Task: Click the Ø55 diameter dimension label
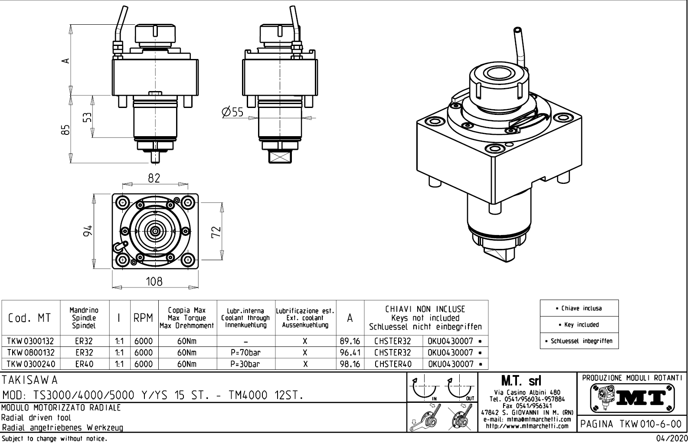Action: coord(232,112)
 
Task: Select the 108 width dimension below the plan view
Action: coord(154,282)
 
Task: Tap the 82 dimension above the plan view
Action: coord(154,178)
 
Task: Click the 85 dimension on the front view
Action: coord(65,130)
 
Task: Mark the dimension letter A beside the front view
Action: coord(65,61)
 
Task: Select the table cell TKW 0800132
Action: coord(30,353)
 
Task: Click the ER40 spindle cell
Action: coord(84,364)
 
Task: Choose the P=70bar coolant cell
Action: coord(245,353)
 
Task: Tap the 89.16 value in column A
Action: coord(350,342)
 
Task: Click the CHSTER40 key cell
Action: coord(393,364)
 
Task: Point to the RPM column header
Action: coord(143,318)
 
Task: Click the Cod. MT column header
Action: coord(29,318)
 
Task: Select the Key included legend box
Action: coord(579,325)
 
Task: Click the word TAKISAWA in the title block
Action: coord(30,380)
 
